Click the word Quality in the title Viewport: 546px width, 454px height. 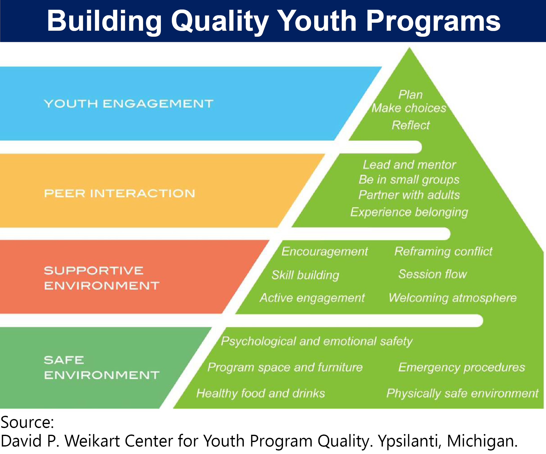tap(220, 21)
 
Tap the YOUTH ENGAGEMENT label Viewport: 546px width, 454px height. tap(128, 104)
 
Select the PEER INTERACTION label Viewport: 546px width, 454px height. tap(119, 194)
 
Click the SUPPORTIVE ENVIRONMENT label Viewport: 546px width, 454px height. tap(102, 278)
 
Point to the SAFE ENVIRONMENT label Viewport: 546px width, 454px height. tap(102, 367)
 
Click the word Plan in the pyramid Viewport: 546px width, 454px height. tap(411, 95)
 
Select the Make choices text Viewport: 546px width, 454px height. tap(409, 108)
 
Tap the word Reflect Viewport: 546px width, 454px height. tap(411, 125)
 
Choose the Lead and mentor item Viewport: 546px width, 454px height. tap(409, 165)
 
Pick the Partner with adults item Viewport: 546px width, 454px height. tap(409, 195)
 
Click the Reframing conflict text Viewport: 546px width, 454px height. tap(443, 252)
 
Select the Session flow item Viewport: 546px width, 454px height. tap(433, 274)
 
